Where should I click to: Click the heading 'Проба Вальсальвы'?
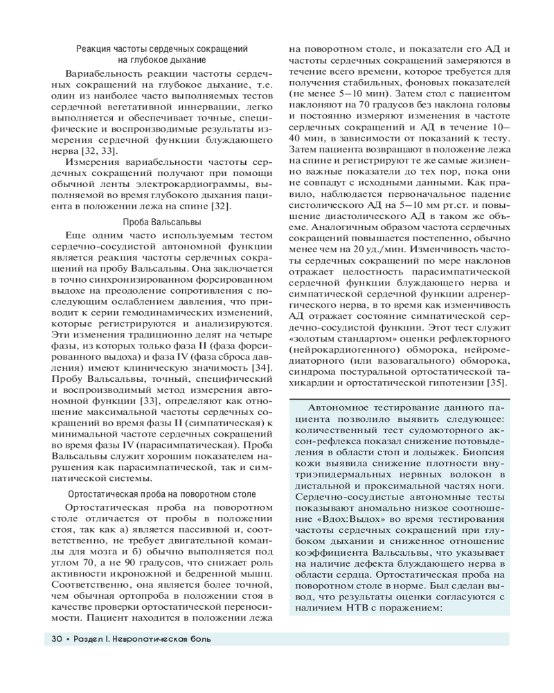162,222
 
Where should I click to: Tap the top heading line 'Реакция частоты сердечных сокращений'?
162,49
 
